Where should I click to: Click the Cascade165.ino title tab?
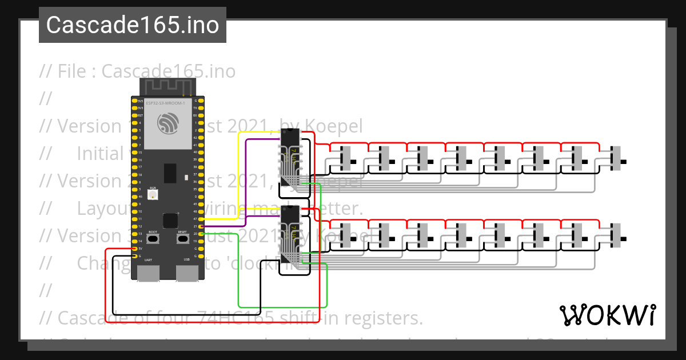coord(133,25)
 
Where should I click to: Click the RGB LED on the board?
coord(153,195)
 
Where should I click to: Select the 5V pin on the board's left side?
coord(134,249)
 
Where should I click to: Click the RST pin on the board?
coord(134,115)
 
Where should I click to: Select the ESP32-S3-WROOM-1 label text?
coord(165,103)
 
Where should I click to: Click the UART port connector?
coord(148,274)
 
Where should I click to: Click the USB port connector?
coord(186,274)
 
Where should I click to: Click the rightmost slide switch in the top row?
coord(615,159)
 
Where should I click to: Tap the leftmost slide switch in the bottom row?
coord(344,235)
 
